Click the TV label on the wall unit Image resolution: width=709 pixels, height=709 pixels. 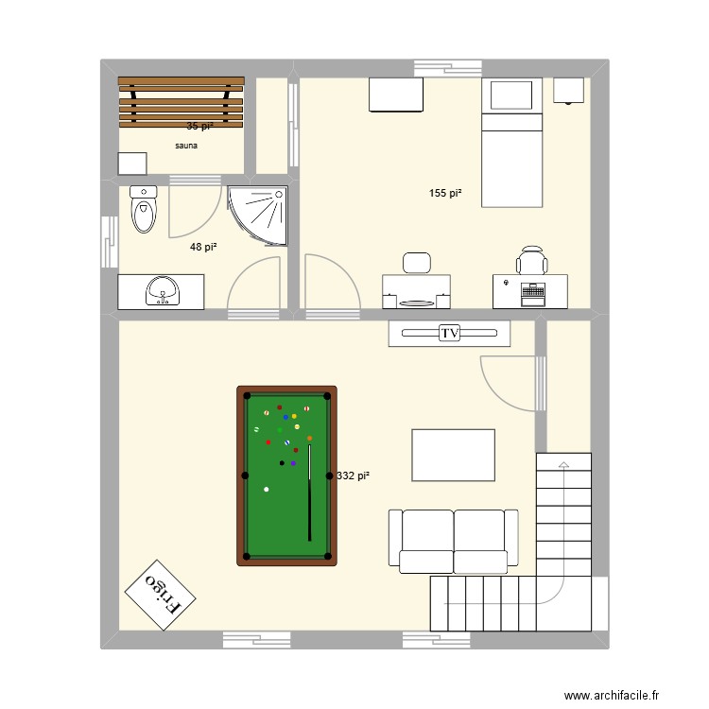tap(449, 333)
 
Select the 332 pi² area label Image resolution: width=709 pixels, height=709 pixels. tap(353, 476)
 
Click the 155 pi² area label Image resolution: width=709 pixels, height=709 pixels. tap(444, 193)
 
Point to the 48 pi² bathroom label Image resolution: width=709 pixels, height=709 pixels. tap(203, 247)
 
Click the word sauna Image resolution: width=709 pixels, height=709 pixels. tap(186, 147)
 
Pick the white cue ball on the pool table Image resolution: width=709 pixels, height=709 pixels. tap(267, 489)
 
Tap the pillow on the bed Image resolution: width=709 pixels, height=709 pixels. tap(511, 95)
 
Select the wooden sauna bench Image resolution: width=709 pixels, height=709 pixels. tap(181, 101)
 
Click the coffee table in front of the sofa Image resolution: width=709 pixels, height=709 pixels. tap(453, 455)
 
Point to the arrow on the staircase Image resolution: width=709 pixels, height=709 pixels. tap(563, 465)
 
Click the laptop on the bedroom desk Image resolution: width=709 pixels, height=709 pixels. tap(532, 293)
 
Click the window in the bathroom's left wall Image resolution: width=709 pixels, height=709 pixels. tap(108, 242)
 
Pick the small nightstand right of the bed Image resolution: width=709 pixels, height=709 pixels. tap(569, 90)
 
